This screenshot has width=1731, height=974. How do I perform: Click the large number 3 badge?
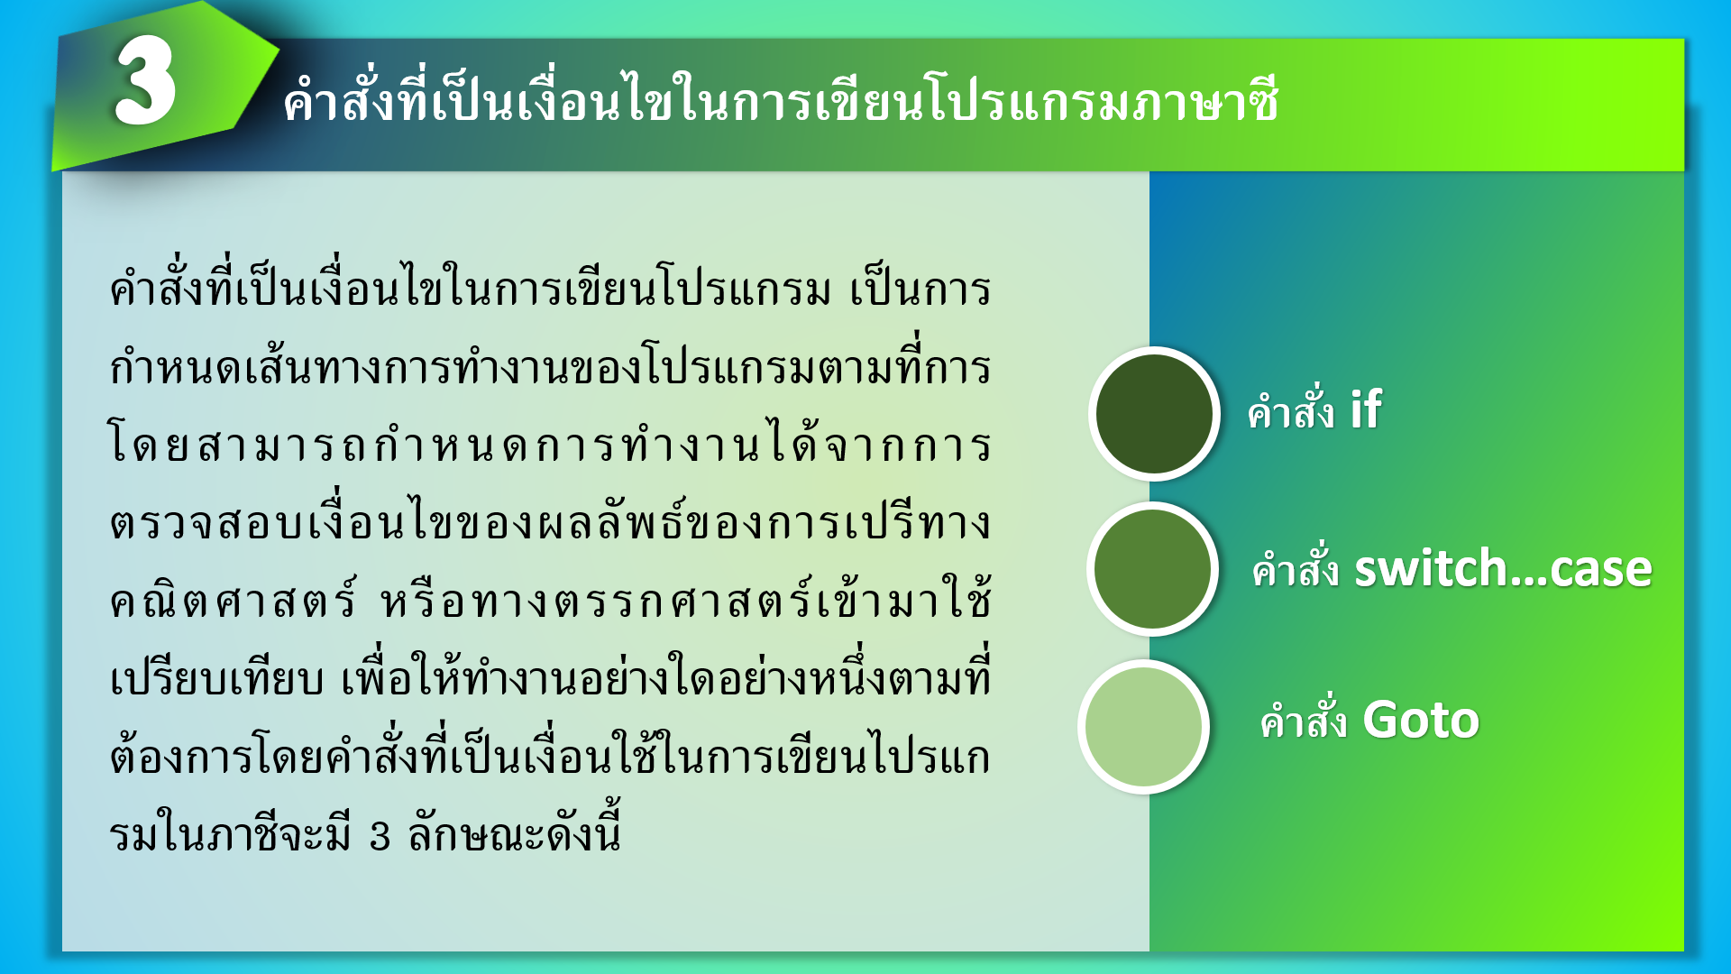tap(145, 82)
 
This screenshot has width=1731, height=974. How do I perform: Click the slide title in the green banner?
tap(781, 99)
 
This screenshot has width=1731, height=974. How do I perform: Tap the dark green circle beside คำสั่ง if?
tap(1154, 413)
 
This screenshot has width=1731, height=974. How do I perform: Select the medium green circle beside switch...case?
tap(1152, 569)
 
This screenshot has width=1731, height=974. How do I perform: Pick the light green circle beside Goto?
tap(1144, 727)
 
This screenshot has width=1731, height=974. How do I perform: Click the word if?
tap(1365, 410)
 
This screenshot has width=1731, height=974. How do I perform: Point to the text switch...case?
tap(1503, 569)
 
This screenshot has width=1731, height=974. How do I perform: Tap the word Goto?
tap(1421, 720)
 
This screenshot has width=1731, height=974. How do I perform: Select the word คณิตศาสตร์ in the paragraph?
tap(233, 600)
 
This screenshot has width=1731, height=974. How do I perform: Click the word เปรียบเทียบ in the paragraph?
tap(216, 679)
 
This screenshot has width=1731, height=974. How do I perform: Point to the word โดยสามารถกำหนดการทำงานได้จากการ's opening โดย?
tap(148, 445)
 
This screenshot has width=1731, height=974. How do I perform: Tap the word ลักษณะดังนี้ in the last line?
tap(514, 831)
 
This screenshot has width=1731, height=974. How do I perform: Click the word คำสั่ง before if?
tap(1290, 411)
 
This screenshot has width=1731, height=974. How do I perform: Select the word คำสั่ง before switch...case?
tap(1295, 569)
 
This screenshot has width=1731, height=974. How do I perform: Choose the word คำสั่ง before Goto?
tap(1303, 720)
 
